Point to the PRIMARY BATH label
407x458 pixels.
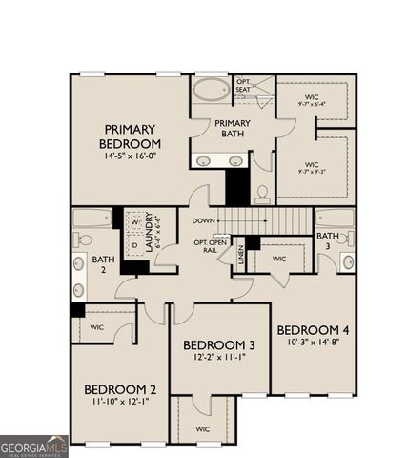pyautogui.click(x=232, y=129)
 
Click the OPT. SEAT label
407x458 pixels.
pyautogui.click(x=243, y=86)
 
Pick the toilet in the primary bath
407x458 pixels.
pyautogui.click(x=262, y=194)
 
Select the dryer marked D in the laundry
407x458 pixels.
pyautogui.click(x=135, y=246)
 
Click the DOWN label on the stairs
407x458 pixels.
pyautogui.click(x=203, y=220)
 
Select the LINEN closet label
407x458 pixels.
pyautogui.click(x=240, y=253)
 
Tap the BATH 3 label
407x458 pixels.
pyautogui.click(x=327, y=239)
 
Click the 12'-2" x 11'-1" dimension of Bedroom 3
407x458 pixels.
pyautogui.click(x=219, y=358)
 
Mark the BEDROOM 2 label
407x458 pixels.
pyautogui.click(x=120, y=388)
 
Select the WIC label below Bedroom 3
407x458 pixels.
pyautogui.click(x=202, y=429)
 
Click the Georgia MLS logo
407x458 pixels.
pyautogui.click(x=34, y=446)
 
